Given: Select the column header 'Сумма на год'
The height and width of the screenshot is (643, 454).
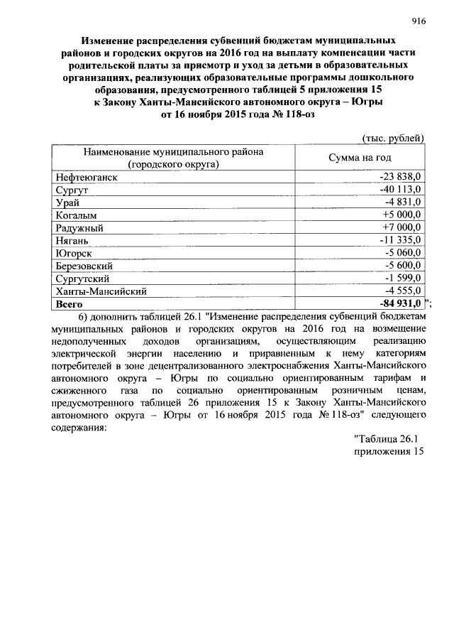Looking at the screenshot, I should pyautogui.click(x=360, y=157).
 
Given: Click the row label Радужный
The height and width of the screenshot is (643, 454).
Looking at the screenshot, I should pyautogui.click(x=79, y=227).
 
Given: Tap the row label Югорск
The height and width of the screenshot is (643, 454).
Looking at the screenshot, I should pyautogui.click(x=74, y=253).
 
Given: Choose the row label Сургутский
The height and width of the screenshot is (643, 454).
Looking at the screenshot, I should pyautogui.click(x=82, y=279).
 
